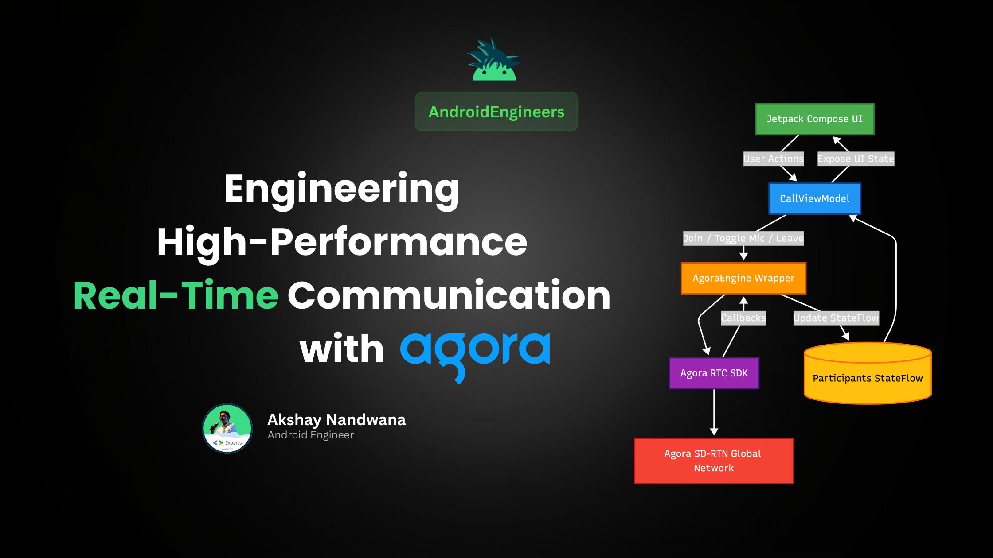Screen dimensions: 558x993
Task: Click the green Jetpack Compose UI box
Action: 814,119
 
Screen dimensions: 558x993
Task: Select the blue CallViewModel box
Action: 814,198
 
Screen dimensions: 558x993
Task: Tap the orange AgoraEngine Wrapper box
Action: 743,278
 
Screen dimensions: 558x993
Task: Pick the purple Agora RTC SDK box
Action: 714,373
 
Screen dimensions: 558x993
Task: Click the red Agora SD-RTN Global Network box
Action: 714,461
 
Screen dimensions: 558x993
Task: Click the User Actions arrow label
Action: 773,159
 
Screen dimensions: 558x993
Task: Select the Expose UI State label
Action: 856,159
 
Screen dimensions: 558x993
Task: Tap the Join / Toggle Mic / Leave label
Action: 743,238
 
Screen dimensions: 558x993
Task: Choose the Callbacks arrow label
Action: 743,318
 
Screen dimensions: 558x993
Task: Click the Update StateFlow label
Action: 836,318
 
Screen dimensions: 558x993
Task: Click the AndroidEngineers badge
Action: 496,112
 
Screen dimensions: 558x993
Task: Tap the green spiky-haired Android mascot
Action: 494,60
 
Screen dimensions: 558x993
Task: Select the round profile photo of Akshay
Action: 227,428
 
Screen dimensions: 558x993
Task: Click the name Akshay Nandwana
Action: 336,419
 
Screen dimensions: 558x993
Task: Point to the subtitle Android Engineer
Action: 310,435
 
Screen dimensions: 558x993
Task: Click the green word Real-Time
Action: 176,295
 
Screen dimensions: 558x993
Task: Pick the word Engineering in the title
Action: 341,189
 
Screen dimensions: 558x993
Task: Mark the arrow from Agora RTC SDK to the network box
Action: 714,412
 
